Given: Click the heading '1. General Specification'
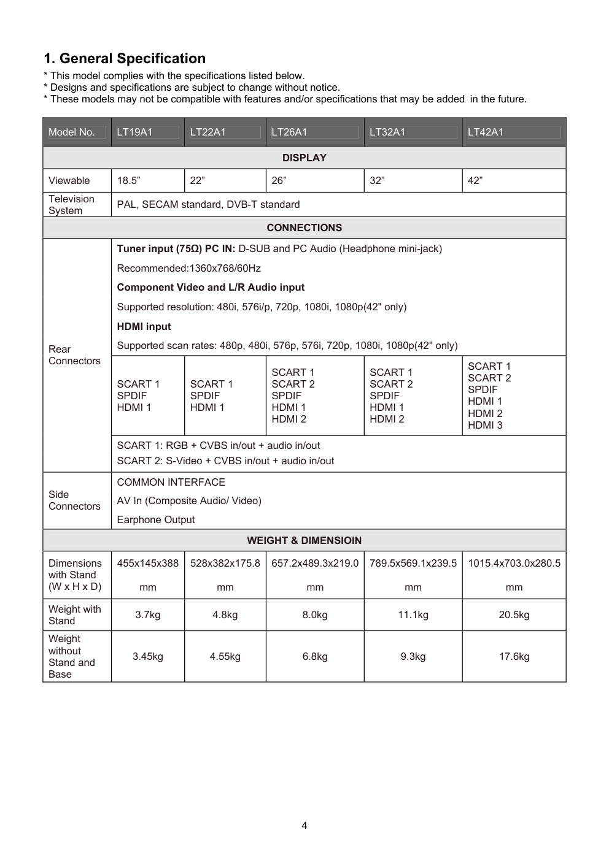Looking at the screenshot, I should click(x=125, y=59).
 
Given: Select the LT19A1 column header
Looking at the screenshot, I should click(x=135, y=132).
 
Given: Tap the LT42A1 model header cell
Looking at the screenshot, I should click(x=486, y=132).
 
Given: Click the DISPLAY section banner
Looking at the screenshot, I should click(x=304, y=158).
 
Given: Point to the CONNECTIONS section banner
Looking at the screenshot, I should click(x=304, y=228).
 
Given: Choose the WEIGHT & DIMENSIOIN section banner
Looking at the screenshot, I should click(x=304, y=540).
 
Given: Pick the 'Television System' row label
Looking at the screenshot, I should click(x=71, y=205).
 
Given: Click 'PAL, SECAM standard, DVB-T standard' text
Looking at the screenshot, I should click(x=208, y=204).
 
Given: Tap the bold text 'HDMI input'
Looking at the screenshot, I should click(x=144, y=326).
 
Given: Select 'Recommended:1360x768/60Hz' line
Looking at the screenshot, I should click(x=188, y=268).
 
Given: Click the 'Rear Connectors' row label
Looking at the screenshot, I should click(x=74, y=355).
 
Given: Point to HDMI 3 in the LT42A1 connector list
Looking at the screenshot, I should click(x=485, y=425).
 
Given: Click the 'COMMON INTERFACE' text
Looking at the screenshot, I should click(x=171, y=482).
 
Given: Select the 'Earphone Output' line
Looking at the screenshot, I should click(x=155, y=519).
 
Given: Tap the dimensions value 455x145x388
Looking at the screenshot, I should click(x=147, y=563).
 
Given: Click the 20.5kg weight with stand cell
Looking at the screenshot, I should click(x=514, y=614).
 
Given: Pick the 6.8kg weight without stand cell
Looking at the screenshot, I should click(x=315, y=656).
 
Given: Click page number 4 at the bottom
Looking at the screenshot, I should click(x=304, y=825).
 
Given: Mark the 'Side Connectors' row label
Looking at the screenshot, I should click(x=74, y=500).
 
